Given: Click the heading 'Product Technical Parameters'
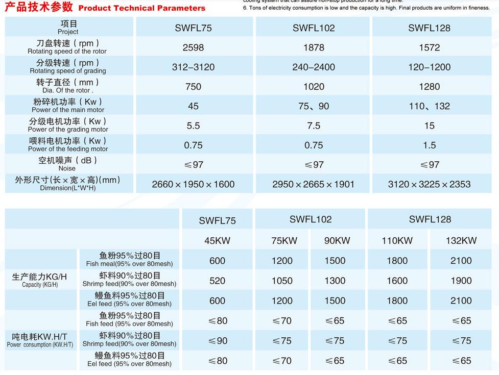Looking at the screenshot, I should (x=142, y=8).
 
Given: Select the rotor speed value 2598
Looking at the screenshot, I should (x=193, y=47).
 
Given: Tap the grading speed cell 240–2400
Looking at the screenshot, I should (x=314, y=67).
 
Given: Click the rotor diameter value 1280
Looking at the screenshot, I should (x=429, y=87).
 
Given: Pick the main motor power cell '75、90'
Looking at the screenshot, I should (x=314, y=106).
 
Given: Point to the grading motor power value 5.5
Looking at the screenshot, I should (x=193, y=126).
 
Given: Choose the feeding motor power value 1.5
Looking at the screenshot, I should (x=429, y=145).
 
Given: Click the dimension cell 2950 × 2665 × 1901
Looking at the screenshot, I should (x=313, y=184).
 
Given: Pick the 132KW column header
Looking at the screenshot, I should (x=461, y=241).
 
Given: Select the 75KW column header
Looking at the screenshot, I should (x=282, y=241).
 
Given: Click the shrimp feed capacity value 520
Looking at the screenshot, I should (x=217, y=281).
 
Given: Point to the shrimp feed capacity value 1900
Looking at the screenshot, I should (x=461, y=281).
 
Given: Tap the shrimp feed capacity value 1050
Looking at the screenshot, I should (x=282, y=281).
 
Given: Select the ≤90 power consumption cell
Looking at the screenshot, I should (x=217, y=341).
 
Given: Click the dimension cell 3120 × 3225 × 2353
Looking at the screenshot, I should (x=429, y=184).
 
